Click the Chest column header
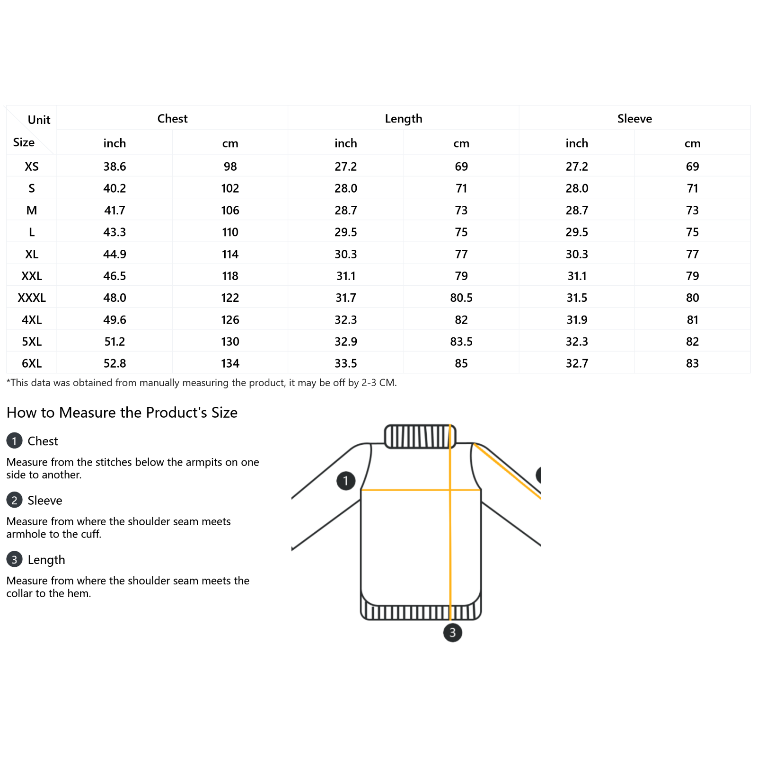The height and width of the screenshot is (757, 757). pos(172,119)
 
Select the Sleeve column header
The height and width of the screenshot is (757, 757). pos(634,119)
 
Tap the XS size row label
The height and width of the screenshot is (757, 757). pos(32,167)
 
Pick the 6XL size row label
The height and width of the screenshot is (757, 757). pos(32,363)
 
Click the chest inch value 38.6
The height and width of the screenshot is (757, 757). pos(114,167)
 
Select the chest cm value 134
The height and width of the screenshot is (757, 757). pos(230,363)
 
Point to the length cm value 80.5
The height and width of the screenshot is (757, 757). pos(461,298)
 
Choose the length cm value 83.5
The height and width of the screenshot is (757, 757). pos(461,342)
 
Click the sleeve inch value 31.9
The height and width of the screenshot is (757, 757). pos(577,320)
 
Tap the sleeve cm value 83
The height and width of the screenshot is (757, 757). pos(692,363)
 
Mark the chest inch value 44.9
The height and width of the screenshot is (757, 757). pos(114,254)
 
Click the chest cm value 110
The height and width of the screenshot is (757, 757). pos(230,232)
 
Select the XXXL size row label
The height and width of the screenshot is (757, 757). pos(32,298)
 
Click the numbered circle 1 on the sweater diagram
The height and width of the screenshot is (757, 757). pos(346,481)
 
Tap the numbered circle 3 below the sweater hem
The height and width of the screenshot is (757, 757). pos(452,633)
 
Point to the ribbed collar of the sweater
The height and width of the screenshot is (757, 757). pos(420,436)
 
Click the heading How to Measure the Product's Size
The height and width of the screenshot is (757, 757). pos(122,413)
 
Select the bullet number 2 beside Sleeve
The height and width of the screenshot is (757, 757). pos(14,500)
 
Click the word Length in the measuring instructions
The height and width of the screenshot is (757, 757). pos(46,560)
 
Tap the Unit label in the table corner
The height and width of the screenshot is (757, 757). pos(39,120)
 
